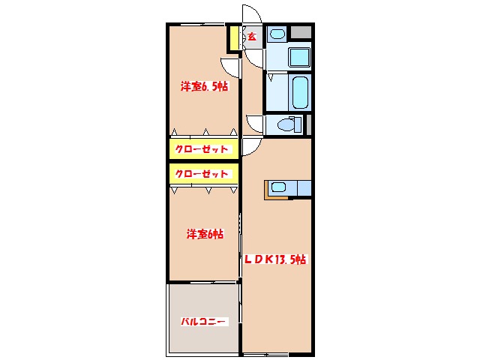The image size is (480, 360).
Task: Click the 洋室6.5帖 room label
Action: [x=204, y=87]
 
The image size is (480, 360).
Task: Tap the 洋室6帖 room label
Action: [x=205, y=235]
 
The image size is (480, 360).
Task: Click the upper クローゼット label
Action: [x=201, y=149]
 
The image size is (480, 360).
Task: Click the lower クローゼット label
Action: [x=201, y=174]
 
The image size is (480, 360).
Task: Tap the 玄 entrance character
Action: [x=252, y=36]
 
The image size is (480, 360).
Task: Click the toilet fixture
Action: [x=285, y=126]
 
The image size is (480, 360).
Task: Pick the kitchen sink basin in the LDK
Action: [x=279, y=187]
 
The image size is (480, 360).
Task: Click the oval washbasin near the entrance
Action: [x=277, y=34]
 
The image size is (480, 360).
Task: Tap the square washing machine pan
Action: [x=299, y=56]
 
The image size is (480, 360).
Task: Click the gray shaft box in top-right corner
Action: [x=301, y=33]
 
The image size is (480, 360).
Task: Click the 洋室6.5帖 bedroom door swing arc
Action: [x=229, y=66]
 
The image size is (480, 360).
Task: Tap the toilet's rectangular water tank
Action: [x=297, y=124]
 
